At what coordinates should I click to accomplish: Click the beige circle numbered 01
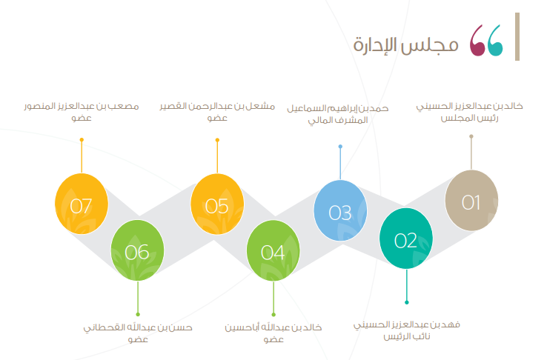pyautogui.click(x=471, y=201)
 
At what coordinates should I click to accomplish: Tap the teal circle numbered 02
pyautogui.click(x=406, y=239)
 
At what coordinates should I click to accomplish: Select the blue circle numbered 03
pyautogui.click(x=340, y=210)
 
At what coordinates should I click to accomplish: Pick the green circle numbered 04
pyautogui.click(x=273, y=250)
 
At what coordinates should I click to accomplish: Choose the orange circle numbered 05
pyautogui.click(x=217, y=204)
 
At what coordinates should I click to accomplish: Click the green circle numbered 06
pyautogui.click(x=137, y=250)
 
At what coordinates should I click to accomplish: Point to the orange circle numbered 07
pyautogui.click(x=82, y=204)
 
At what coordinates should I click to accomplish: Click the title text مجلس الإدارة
pyautogui.click(x=405, y=45)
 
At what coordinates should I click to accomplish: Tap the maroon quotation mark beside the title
pyautogui.click(x=477, y=41)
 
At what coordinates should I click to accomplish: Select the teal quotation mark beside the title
pyautogui.click(x=495, y=41)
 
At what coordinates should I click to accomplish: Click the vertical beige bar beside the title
pyautogui.click(x=517, y=36)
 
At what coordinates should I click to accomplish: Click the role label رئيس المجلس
pyautogui.click(x=470, y=118)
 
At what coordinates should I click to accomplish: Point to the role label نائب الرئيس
pyautogui.click(x=407, y=336)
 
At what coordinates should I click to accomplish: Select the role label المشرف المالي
pyautogui.click(x=338, y=120)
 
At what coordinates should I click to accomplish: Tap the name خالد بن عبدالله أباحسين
pyautogui.click(x=273, y=327)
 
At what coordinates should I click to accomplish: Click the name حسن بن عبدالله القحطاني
pyautogui.click(x=138, y=327)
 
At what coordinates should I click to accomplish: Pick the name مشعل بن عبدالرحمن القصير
pyautogui.click(x=217, y=106)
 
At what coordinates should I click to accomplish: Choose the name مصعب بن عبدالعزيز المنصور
pyautogui.click(x=82, y=106)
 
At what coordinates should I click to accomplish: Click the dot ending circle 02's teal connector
pyautogui.click(x=406, y=302)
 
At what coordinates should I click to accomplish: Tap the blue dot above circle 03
pyautogui.click(x=340, y=147)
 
